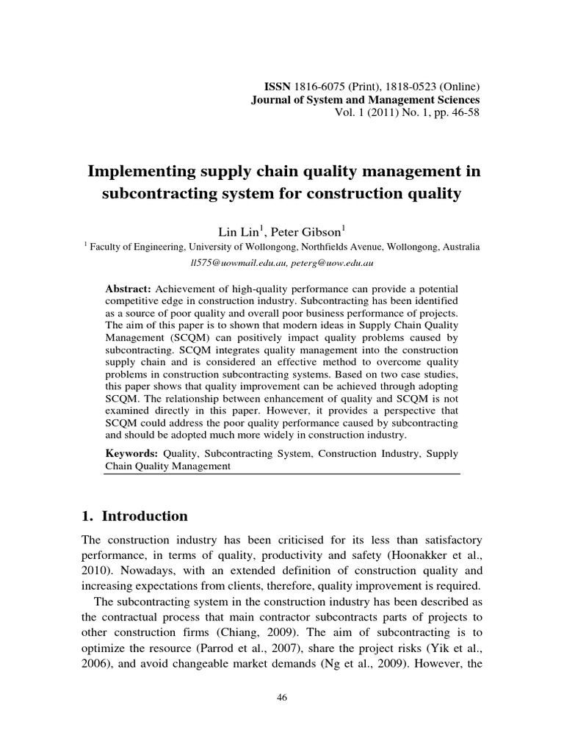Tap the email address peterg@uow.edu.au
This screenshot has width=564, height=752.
(323, 262)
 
